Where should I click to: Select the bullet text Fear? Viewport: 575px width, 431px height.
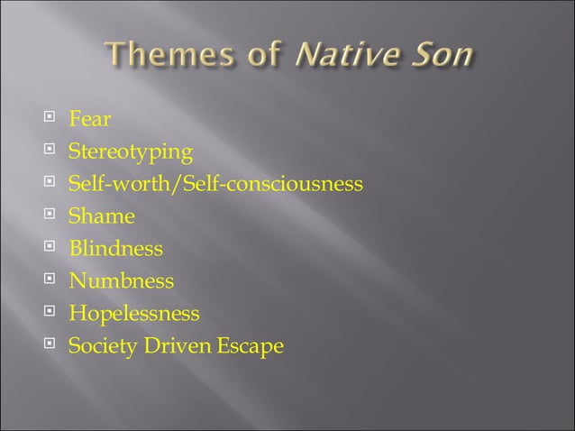90,119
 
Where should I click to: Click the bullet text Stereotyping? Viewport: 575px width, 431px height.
131,151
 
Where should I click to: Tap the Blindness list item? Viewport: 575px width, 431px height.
116,249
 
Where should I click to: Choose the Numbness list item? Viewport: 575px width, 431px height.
122,281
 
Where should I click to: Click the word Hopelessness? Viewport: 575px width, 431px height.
134,314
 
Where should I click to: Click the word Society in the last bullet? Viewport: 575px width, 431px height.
100,346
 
